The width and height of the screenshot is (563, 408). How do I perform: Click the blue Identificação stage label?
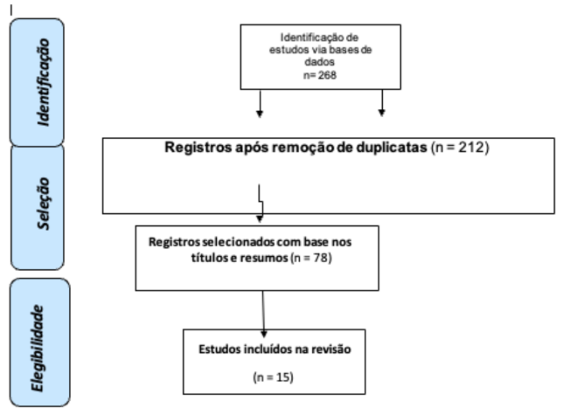37,82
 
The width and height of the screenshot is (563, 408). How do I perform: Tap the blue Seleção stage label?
38,207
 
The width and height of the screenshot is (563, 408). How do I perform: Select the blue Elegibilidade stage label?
40,342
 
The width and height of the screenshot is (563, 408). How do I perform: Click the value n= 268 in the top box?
320,75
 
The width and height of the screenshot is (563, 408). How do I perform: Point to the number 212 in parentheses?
471,147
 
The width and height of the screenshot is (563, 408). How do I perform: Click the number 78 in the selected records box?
320,258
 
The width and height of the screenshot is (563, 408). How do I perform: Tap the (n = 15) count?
274,377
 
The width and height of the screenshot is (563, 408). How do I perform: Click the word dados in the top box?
320,62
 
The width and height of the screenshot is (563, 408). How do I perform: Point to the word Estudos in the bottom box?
219,349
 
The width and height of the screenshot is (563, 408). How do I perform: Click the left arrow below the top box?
260,103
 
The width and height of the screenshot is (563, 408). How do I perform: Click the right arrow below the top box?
382,103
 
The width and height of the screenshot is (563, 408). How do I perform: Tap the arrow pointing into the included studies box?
263,314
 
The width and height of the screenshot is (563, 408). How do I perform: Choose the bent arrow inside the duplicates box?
260,203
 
